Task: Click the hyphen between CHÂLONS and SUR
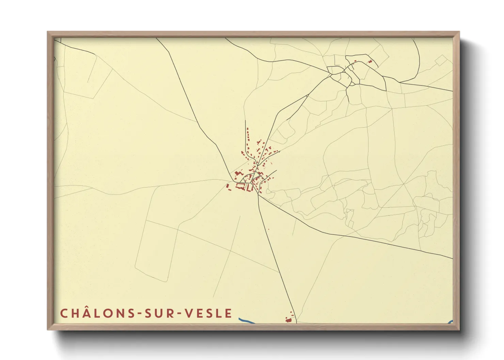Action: point(140,314)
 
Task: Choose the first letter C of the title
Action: point(64,313)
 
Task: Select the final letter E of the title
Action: point(229,313)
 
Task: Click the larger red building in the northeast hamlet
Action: point(370,62)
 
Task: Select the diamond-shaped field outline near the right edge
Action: point(441,60)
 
